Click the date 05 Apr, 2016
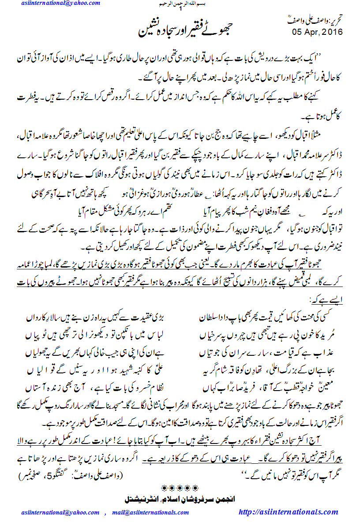(x=317, y=32)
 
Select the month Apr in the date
(x=310, y=32)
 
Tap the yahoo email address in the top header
(x=60, y=4)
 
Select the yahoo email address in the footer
(x=60, y=513)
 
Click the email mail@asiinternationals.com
(x=150, y=513)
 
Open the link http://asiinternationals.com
(x=289, y=512)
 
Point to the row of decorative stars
(x=179, y=488)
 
